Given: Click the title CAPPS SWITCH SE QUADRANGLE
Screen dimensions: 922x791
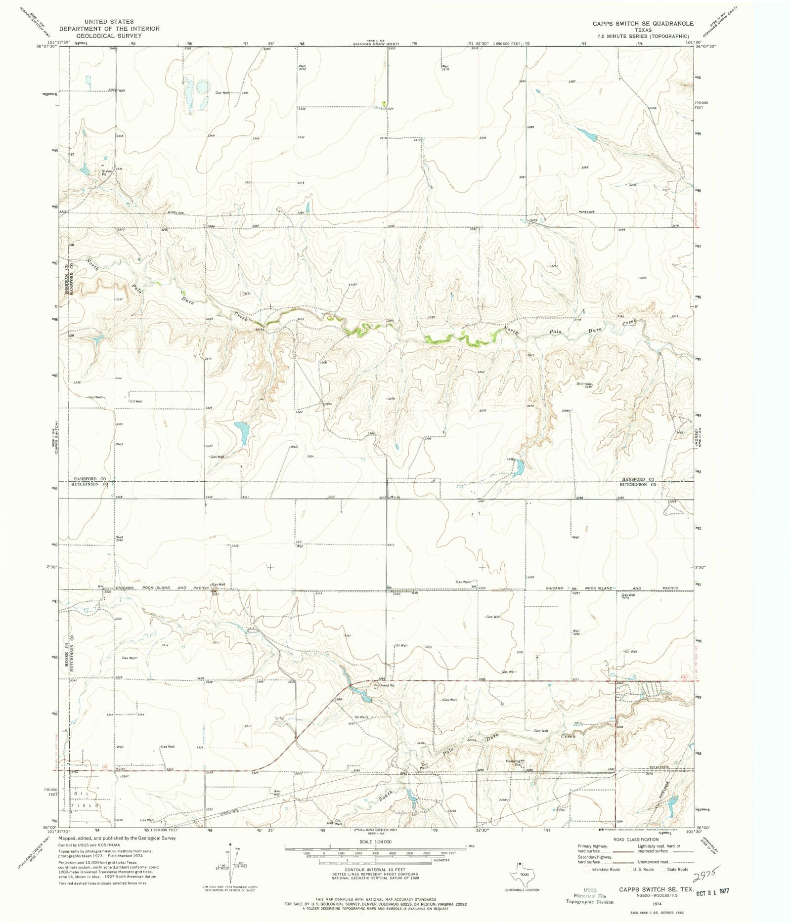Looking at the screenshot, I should tap(643, 24).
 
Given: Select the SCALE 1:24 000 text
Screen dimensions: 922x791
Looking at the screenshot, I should tap(375, 841).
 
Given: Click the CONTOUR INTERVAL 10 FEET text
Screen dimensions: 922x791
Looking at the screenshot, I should tap(375, 869).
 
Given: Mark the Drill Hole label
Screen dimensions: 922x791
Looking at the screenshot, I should tap(583, 384).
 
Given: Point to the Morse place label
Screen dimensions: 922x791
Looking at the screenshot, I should tap(395, 497).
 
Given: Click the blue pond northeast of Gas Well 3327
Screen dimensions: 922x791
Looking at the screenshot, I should tap(242, 433).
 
